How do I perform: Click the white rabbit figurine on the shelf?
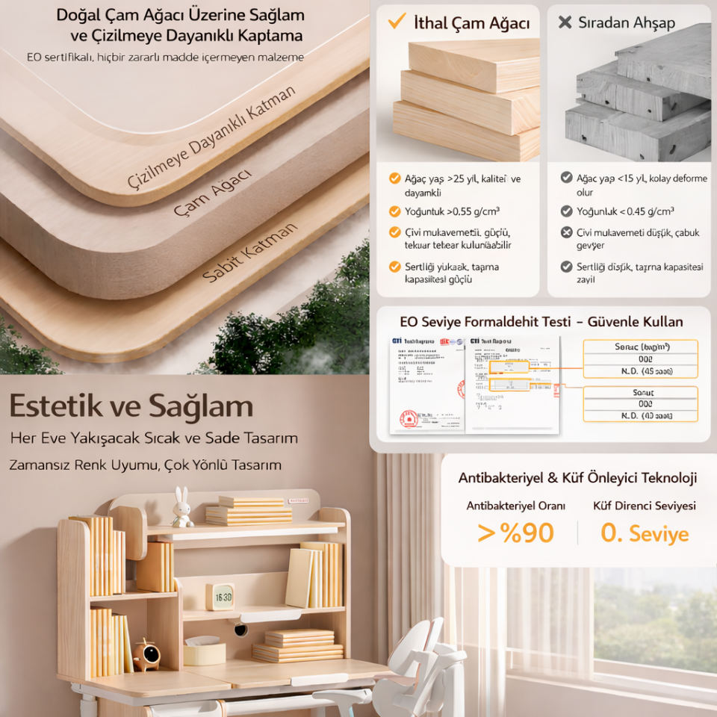181,508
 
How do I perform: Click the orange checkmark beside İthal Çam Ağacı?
396,22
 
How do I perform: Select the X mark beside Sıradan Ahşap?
565,22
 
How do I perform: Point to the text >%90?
515,533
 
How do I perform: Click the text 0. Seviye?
645,533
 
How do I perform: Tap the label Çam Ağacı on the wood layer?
212,193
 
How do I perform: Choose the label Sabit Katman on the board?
249,252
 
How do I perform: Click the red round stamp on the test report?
408,418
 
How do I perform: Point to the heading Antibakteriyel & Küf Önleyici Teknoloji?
577,478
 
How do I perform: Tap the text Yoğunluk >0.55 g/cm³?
452,211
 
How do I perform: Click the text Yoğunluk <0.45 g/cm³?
624,211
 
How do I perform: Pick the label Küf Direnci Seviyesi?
645,506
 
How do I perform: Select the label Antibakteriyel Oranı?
515,506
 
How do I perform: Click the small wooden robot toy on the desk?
146,655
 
